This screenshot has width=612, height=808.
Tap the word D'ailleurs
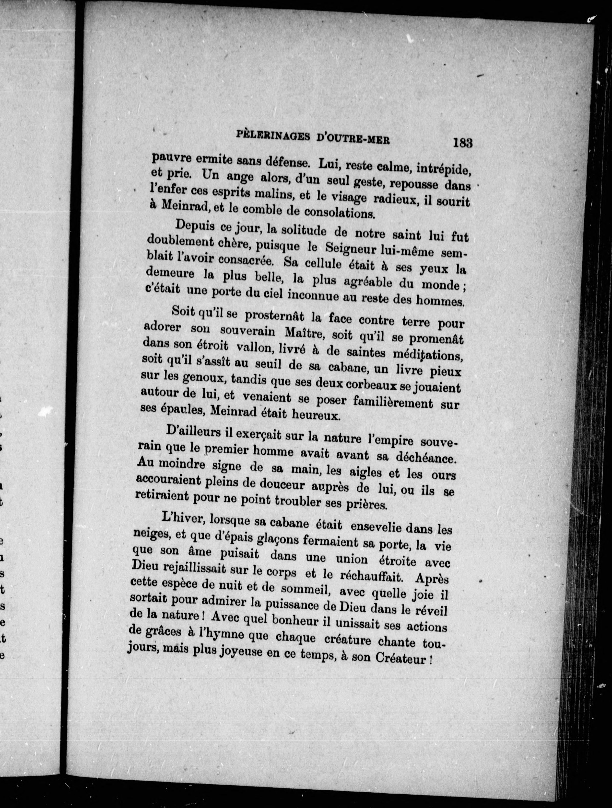tap(193, 432)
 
